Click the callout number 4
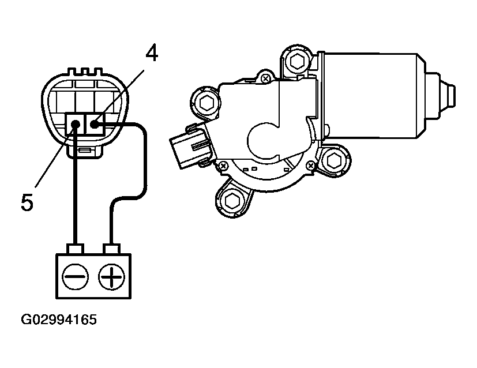(152, 53)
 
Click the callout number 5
(27, 202)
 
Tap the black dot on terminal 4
(95, 124)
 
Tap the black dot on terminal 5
(76, 124)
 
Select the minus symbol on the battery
(75, 276)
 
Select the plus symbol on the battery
(112, 276)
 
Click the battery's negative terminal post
(76, 249)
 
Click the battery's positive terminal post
(112, 249)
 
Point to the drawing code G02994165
(59, 320)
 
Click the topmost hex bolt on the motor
(297, 62)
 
